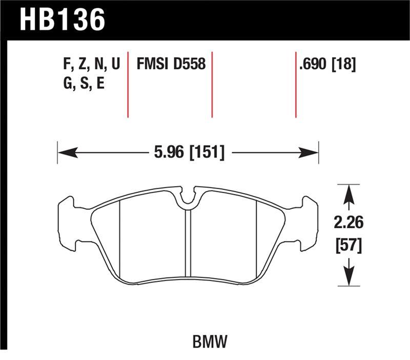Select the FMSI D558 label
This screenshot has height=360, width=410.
tap(171, 64)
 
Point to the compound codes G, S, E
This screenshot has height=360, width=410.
tap(81, 83)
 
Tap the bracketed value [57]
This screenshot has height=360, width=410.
tap(349, 245)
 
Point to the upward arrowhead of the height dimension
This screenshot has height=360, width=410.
tap(349, 194)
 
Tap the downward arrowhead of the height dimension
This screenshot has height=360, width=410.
tap(349, 277)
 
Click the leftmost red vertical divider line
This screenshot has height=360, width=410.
tap(128, 85)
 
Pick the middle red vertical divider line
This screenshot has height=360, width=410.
tap(212, 85)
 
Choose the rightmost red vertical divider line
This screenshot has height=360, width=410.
tap(296, 85)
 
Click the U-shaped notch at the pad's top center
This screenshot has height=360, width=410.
tap(188, 197)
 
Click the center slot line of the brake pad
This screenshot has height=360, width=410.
tap(188, 246)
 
